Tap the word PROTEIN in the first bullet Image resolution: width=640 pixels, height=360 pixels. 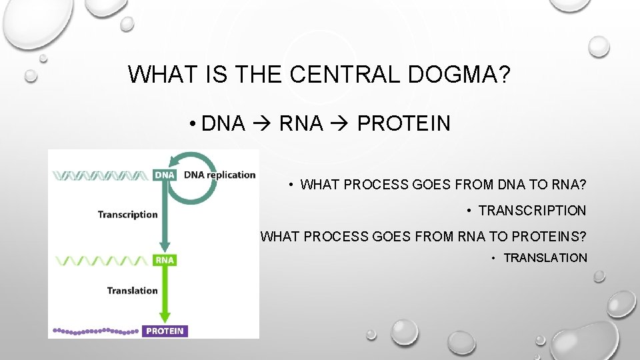tap(404, 123)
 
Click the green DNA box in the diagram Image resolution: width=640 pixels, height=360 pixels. tap(164, 175)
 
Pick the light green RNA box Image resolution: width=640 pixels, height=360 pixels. tap(164, 260)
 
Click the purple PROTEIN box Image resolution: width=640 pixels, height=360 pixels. tap(165, 331)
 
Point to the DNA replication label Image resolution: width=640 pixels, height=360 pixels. tap(219, 175)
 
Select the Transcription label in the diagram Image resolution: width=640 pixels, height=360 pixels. tap(127, 215)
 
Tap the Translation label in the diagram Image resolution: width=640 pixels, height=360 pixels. tap(132, 291)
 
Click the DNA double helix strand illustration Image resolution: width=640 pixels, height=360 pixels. tap(100, 175)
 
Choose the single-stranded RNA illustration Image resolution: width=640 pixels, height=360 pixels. tap(100, 261)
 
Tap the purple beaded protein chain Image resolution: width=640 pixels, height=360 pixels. tap(96, 331)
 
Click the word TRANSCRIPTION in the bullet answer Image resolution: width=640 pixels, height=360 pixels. tap(532, 211)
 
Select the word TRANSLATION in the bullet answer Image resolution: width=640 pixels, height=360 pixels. tap(545, 258)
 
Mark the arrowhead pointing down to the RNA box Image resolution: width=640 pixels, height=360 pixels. tap(164, 245)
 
